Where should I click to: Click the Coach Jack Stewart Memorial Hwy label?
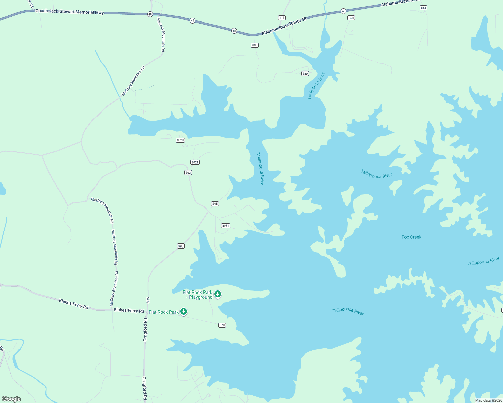pyautogui.click(x=70, y=11)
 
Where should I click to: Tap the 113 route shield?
pyautogui.click(x=282, y=18)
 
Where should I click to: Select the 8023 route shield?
pyautogui.click(x=180, y=140)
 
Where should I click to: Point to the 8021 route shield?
pyautogui.click(x=195, y=162)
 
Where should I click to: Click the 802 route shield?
pyautogui.click(x=188, y=173)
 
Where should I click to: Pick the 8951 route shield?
pyautogui.click(x=226, y=226)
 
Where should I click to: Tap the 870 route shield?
pyautogui.click(x=222, y=325)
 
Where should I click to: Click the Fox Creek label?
pyautogui.click(x=412, y=237)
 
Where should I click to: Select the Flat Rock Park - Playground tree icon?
pyautogui.click(x=218, y=294)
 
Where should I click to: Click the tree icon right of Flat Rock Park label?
pyautogui.click(x=184, y=311)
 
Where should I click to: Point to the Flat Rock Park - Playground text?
pyautogui.click(x=198, y=295)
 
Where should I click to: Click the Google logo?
pyautogui.click(x=11, y=399)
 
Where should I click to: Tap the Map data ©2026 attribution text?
pyautogui.click(x=488, y=400)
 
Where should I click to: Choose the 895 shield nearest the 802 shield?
pyautogui.click(x=215, y=204)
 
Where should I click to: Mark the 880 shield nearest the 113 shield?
pyautogui.click(x=255, y=45)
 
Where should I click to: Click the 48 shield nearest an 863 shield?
pyautogui.click(x=343, y=11)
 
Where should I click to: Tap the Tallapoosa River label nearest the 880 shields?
pyautogui.click(x=316, y=86)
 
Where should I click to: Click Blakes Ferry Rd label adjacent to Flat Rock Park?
pyautogui.click(x=129, y=310)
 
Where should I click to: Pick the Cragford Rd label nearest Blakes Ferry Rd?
pyautogui.click(x=145, y=330)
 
